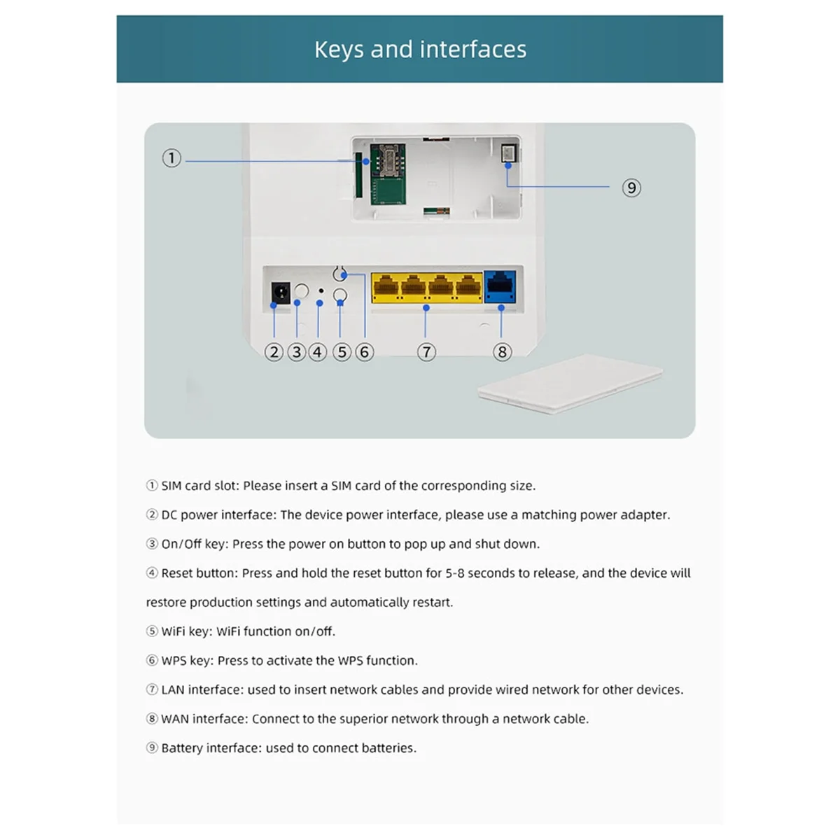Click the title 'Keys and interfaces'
[x=420, y=50]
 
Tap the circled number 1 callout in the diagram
[x=171, y=158]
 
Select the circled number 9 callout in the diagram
[x=631, y=188]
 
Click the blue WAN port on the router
[x=500, y=286]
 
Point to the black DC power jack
[x=281, y=293]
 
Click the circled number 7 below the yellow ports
[x=426, y=352]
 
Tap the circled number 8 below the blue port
[x=502, y=352]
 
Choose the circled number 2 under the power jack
[x=274, y=352]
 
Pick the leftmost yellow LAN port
[x=386, y=287]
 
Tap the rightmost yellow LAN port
[x=469, y=287]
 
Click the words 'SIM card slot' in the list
[x=199, y=486]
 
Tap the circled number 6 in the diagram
[x=364, y=352]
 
